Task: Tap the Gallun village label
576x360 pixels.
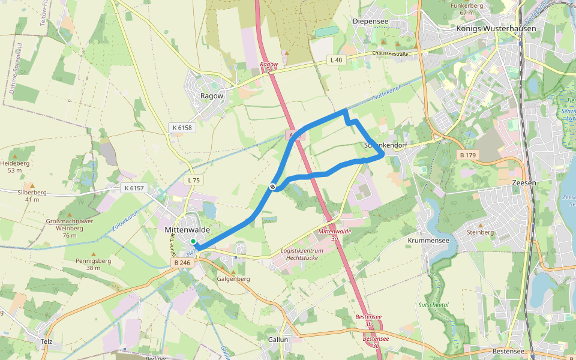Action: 278,340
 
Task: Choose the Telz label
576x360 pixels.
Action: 47,342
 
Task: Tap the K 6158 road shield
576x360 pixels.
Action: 182,128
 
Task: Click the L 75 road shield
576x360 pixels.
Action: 193,180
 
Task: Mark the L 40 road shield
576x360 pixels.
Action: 336,60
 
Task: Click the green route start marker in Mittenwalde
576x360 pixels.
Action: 193,242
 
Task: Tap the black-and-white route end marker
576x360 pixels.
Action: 272,187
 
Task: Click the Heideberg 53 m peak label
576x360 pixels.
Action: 15,166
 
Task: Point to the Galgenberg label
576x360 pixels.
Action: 233,279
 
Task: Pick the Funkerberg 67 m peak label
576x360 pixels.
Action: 467,8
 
